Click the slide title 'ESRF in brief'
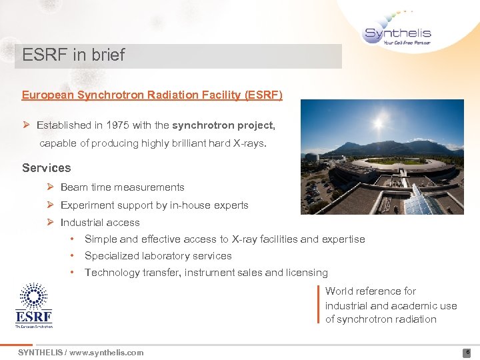point(73,55)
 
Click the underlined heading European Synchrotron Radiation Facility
point(152,95)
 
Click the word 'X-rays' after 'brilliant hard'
point(251,143)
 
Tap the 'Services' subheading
point(46,168)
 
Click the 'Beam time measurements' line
point(122,187)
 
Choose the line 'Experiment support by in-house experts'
point(154,205)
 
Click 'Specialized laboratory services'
point(158,256)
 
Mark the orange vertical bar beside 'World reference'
point(318,305)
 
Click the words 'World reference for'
point(370,291)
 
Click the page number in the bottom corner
point(467,353)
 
